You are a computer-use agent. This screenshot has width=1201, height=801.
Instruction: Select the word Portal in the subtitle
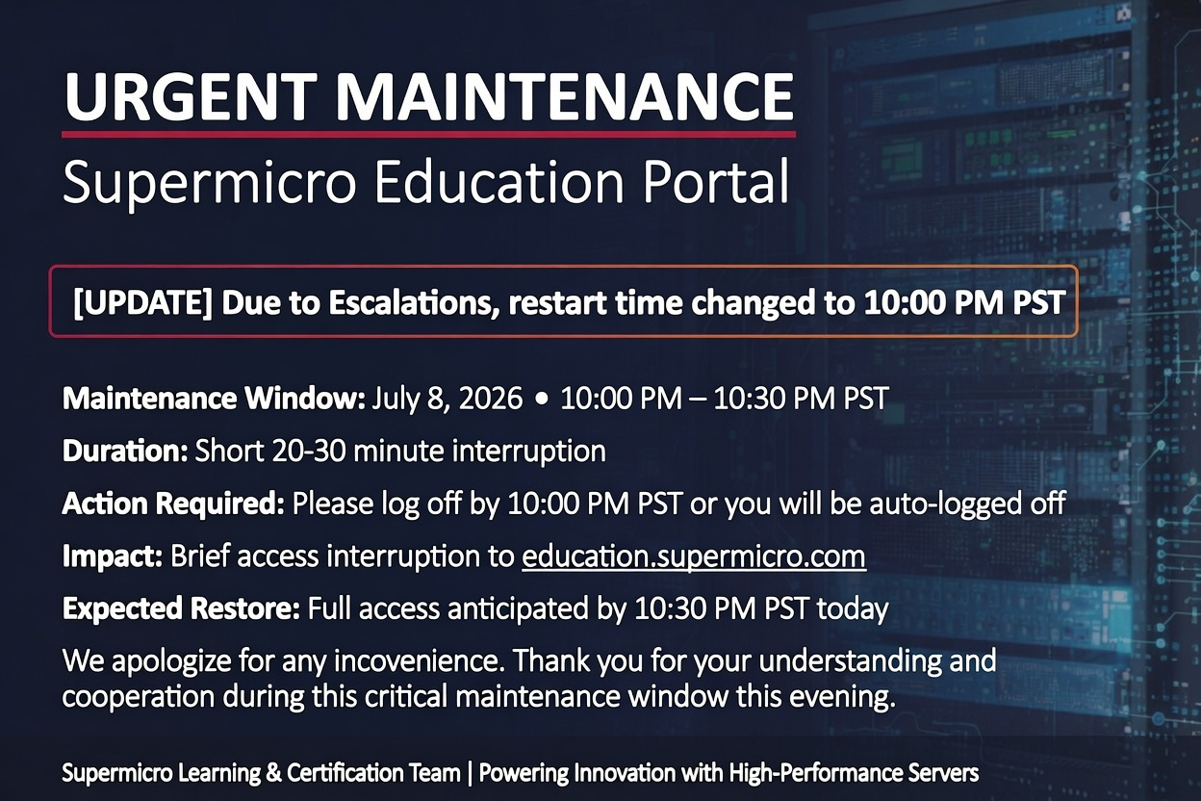click(x=716, y=181)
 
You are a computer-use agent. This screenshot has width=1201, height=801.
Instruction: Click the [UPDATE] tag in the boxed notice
click(x=143, y=302)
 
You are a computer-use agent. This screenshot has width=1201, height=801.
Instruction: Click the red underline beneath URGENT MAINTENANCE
click(x=428, y=134)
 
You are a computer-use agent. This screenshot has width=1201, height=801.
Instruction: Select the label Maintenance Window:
click(x=214, y=399)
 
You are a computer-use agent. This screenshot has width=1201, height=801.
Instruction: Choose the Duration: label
click(x=125, y=451)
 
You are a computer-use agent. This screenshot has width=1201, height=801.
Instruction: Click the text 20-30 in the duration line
click(x=308, y=451)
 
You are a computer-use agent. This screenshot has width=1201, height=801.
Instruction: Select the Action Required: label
click(x=173, y=504)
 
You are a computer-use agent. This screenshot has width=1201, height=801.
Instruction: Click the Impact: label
click(x=113, y=556)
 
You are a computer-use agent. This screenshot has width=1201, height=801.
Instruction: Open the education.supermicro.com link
click(x=694, y=556)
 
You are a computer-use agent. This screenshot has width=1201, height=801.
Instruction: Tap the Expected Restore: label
click(x=181, y=608)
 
